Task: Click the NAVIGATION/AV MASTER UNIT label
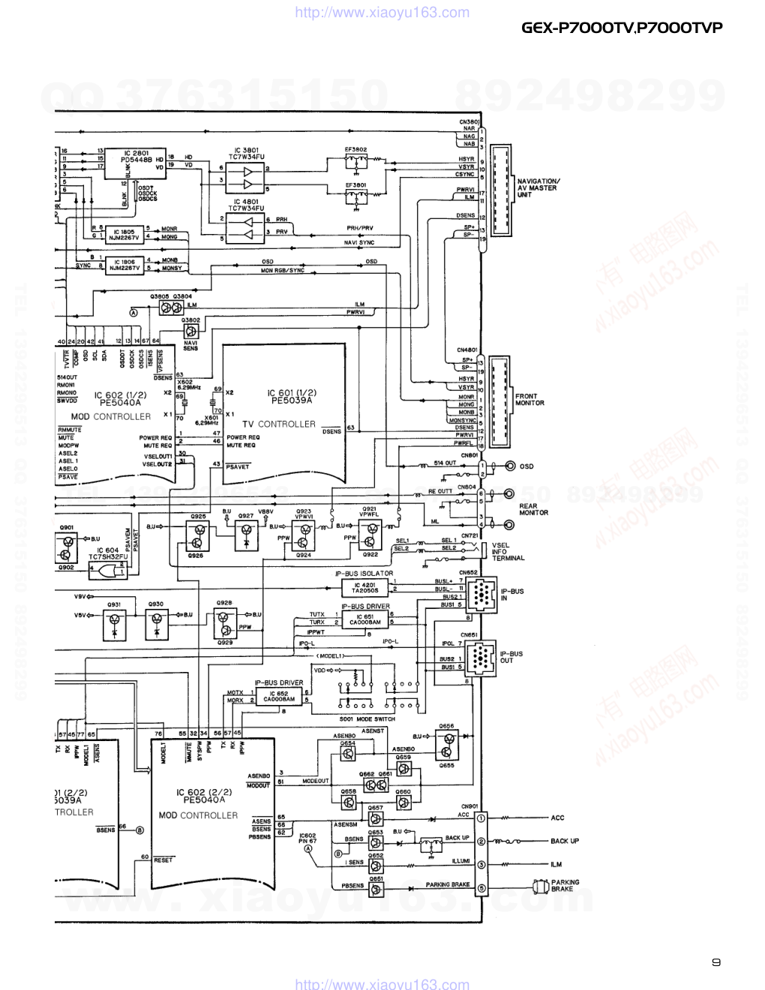point(538,187)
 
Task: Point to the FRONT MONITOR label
point(529,400)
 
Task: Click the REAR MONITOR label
point(533,509)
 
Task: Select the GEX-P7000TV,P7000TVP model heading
point(622,28)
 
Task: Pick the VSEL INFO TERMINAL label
point(508,552)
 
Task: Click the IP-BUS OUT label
point(511,657)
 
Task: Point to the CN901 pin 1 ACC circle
point(481,817)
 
